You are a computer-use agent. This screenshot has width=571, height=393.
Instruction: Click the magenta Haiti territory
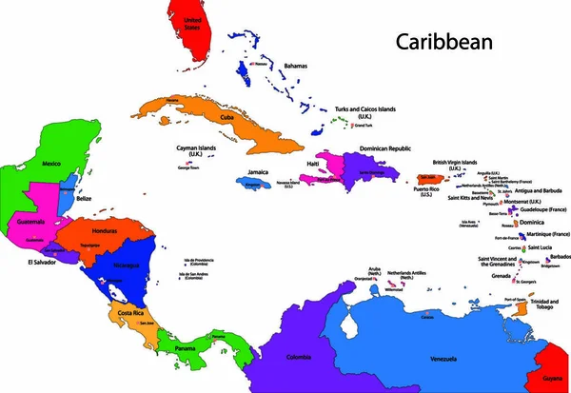point(329,171)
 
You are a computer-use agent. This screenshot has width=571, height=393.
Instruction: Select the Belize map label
point(85,199)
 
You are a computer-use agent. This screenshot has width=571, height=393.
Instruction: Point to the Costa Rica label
point(131,313)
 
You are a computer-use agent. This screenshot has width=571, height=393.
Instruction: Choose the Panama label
point(186,347)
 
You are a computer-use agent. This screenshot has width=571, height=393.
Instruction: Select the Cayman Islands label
point(200,150)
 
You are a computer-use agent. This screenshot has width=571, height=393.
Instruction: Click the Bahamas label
point(295,66)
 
